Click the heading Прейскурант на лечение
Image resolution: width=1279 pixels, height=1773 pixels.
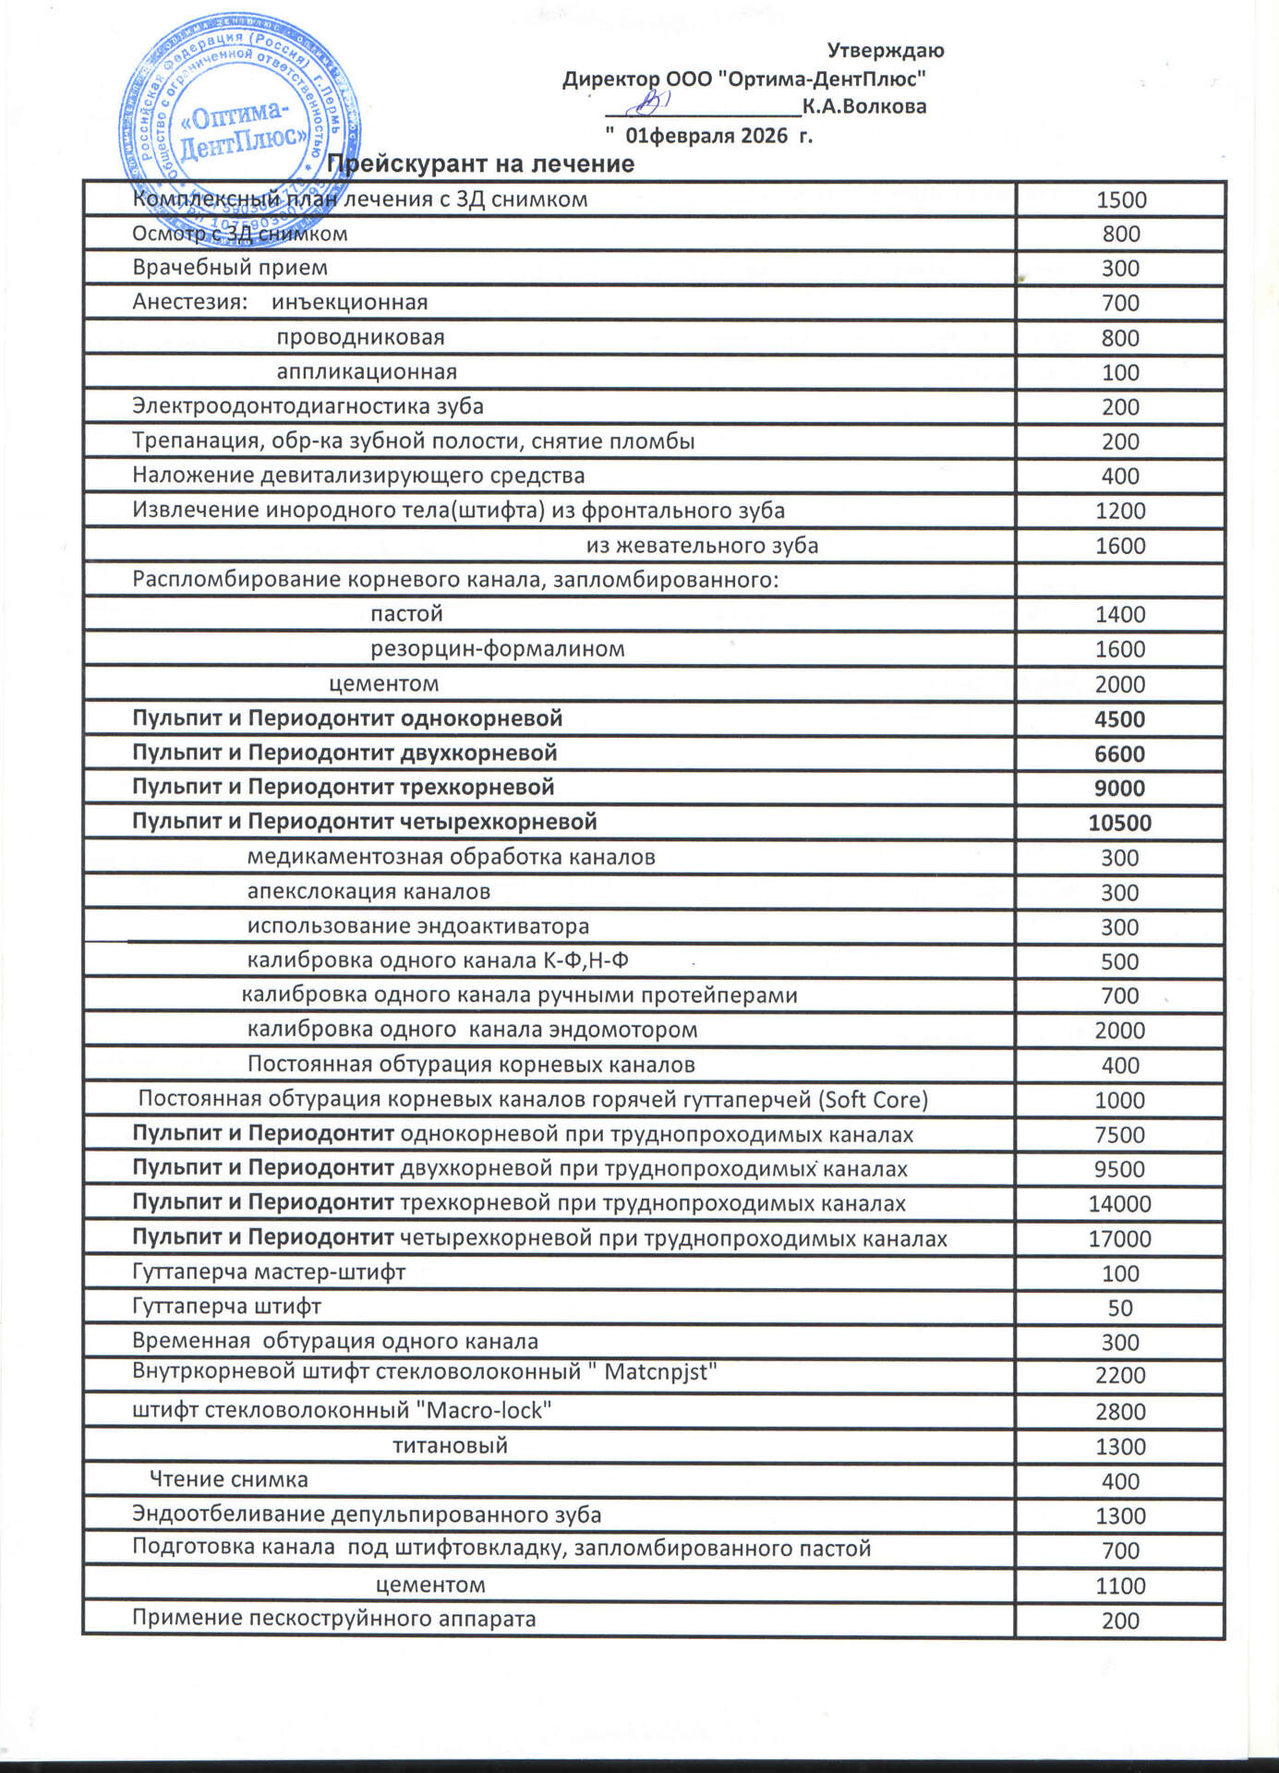click(481, 164)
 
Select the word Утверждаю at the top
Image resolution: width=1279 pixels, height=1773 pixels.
click(885, 51)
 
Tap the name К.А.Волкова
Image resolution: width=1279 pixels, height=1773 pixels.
click(864, 106)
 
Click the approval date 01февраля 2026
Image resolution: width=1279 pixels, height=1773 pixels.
click(706, 137)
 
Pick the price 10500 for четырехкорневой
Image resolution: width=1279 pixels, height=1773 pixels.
click(1119, 823)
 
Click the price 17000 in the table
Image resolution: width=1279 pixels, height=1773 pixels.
click(1119, 1239)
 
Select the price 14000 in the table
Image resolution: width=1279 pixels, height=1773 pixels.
click(1119, 1204)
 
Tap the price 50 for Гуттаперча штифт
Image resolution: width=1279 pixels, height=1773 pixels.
click(1119, 1309)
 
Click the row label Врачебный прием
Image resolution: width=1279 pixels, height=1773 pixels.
click(230, 268)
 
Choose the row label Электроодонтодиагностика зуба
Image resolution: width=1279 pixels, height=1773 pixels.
click(308, 406)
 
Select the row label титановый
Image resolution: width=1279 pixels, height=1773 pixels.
click(450, 1446)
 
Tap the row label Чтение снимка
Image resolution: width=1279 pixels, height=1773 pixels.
click(228, 1480)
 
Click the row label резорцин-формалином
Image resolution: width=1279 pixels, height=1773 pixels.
click(498, 649)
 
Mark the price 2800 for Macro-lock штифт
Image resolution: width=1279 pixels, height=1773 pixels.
click(1119, 1412)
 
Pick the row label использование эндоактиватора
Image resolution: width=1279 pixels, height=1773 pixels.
click(417, 926)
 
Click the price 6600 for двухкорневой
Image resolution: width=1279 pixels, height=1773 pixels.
click(1119, 754)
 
